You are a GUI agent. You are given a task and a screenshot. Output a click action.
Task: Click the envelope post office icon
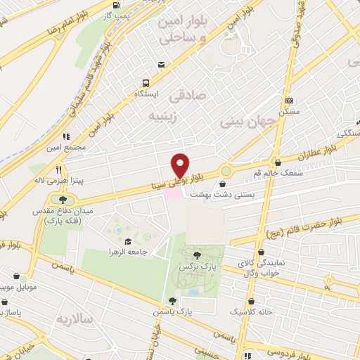point(162,65)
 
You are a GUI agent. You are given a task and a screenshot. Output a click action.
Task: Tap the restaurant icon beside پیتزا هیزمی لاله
point(58,169)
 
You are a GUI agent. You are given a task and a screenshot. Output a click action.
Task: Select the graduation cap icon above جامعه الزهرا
point(127,241)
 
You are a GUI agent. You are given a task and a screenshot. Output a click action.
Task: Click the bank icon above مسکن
point(288,101)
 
